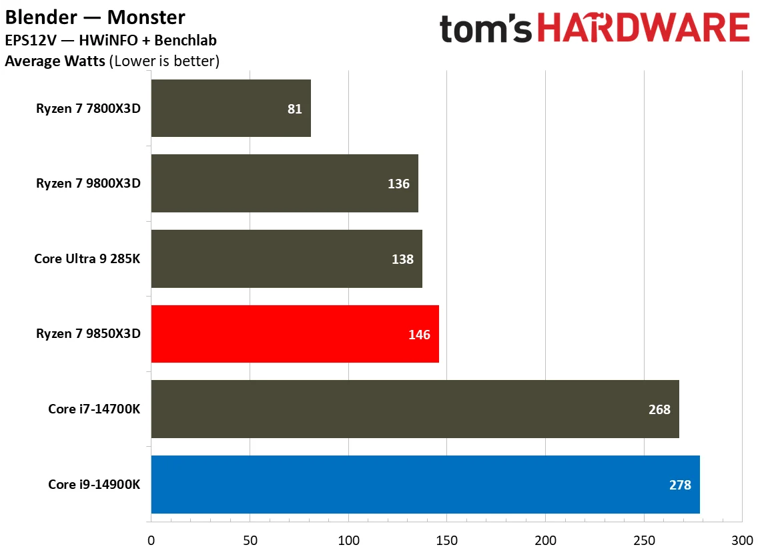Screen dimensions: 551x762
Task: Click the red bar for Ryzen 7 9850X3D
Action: click(295, 334)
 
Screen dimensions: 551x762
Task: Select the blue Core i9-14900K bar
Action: click(425, 484)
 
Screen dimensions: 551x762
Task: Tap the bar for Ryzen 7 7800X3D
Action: click(231, 108)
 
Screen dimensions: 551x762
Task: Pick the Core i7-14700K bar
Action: click(415, 409)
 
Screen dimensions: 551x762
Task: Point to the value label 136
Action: click(398, 184)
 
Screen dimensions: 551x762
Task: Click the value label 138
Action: click(402, 259)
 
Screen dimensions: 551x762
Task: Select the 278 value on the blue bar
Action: click(680, 485)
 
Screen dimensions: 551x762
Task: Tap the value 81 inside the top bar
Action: click(295, 109)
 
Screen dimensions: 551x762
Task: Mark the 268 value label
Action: click(659, 409)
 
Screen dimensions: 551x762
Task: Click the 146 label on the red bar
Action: click(419, 335)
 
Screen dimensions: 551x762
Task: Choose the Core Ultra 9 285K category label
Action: click(87, 259)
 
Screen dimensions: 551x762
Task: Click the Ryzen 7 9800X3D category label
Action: click(88, 184)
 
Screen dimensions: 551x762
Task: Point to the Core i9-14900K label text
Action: click(94, 485)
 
